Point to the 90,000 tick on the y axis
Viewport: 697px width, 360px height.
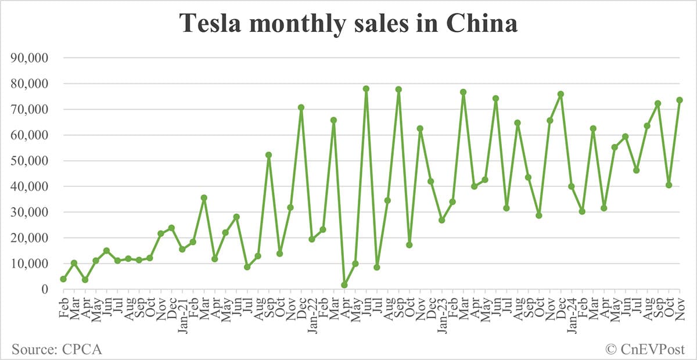tap(33, 58)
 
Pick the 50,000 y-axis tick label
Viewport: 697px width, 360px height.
tap(33, 161)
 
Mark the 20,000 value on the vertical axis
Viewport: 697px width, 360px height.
tap(33, 238)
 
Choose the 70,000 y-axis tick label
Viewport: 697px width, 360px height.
tap(33, 109)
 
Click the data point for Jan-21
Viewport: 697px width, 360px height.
tap(182, 249)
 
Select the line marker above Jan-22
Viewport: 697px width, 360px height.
tap(312, 239)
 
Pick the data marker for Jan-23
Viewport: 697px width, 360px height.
tap(442, 221)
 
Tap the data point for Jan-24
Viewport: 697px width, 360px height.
tap(572, 186)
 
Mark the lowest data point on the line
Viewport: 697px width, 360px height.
tap(344, 285)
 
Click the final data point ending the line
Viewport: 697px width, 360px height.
tap(680, 100)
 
